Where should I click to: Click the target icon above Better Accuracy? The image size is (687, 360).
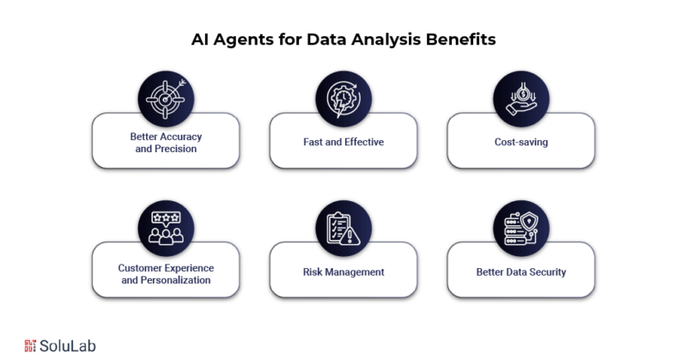166,99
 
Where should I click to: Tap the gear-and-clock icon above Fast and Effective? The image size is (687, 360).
343,99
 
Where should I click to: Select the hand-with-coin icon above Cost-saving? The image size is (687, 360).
521,99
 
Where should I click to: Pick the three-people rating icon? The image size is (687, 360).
166,229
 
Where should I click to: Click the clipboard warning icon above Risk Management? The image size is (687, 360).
343,229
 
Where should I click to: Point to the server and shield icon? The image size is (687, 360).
521,229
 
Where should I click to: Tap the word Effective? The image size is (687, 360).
364,142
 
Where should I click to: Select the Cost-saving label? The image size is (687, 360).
521,142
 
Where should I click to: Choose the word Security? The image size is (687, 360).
548,272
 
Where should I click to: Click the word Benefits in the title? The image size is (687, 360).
460,40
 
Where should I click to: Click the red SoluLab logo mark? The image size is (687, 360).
30,345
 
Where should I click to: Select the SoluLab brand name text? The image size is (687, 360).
68,346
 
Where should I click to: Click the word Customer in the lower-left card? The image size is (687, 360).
138,268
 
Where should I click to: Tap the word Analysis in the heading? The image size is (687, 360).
386,40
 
